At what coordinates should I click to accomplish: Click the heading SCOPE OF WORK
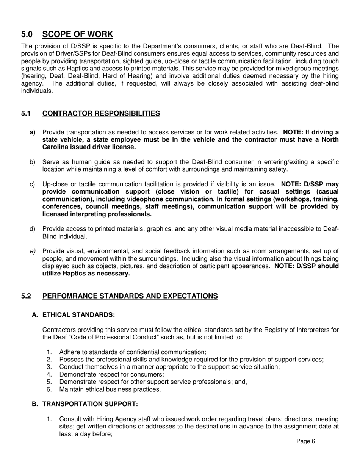tap(78, 34)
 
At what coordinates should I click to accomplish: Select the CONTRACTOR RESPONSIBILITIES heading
tap(101, 114)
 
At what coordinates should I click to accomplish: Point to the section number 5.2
tap(26, 296)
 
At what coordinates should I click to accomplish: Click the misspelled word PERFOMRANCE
tap(68, 296)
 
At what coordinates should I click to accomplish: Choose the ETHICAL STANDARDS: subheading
tap(78, 315)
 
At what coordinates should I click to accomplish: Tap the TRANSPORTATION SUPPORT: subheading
tap(90, 404)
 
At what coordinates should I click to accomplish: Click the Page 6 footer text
tap(305, 441)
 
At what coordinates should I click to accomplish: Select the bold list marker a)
tap(33, 132)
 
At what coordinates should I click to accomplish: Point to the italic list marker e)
tap(33, 251)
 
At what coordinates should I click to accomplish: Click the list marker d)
tap(33, 229)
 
